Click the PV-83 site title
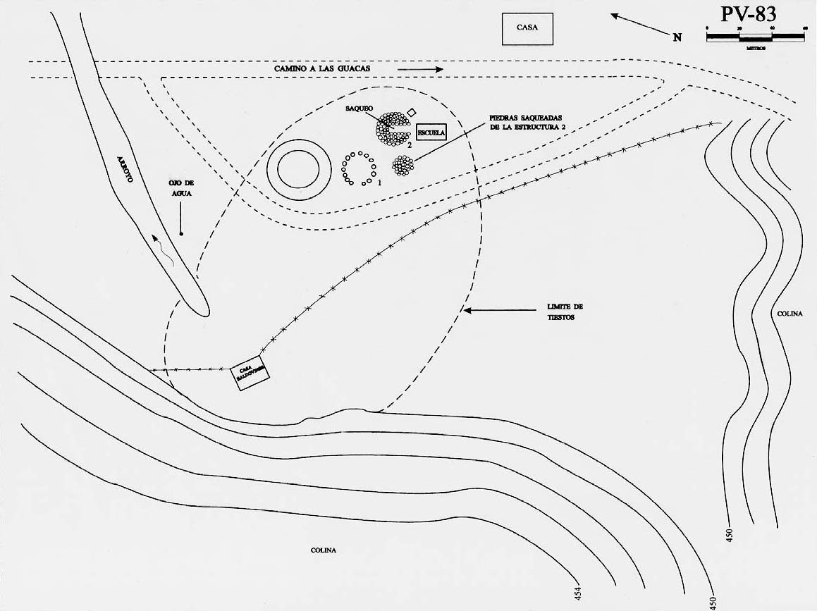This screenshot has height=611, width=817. pos(749,15)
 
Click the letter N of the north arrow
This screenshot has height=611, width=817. pos(677,37)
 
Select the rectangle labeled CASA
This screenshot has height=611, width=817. pos(527,29)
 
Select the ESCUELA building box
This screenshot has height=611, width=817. pos(431,132)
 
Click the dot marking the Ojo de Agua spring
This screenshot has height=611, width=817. pos(181,233)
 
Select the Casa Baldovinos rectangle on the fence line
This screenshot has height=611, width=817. pos(250,374)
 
